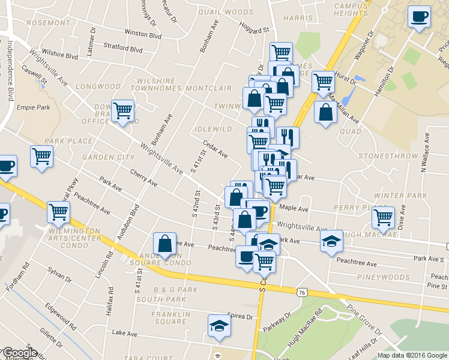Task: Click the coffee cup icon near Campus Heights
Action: click(x=419, y=16)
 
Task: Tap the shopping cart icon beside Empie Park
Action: click(x=122, y=110)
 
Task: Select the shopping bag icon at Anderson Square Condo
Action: click(x=164, y=243)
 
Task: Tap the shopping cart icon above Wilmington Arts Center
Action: click(x=58, y=211)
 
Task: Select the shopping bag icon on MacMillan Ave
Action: click(x=325, y=112)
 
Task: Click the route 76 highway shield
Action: click(x=301, y=292)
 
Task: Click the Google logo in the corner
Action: click(x=19, y=353)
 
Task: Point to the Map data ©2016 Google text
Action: click(x=412, y=355)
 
